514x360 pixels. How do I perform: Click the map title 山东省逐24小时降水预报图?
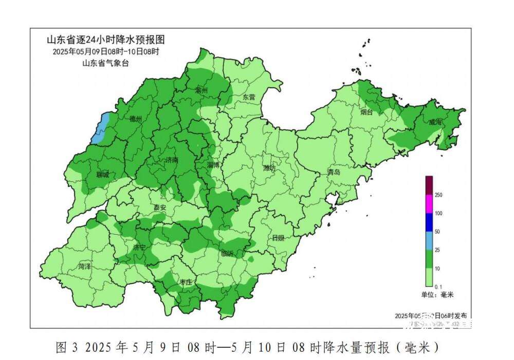(106, 40)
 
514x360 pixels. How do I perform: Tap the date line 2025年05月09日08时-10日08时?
(106, 51)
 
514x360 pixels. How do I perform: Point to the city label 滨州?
(201, 90)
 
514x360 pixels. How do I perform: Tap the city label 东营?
(249, 97)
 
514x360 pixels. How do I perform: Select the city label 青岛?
(334, 173)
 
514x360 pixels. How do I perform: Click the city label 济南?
(172, 160)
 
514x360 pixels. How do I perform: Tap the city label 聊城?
(103, 175)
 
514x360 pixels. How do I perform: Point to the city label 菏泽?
(84, 267)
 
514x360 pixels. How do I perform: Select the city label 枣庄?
(185, 282)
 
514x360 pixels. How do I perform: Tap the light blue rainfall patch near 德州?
(100, 128)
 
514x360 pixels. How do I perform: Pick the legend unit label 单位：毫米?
(437, 294)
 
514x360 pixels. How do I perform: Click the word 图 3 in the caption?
(66, 347)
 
